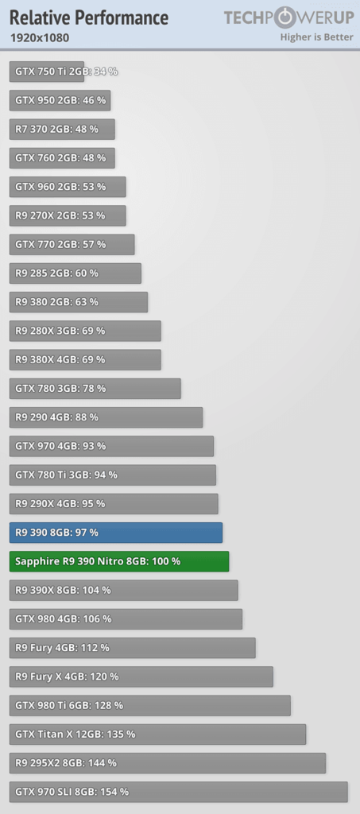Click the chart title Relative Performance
89,17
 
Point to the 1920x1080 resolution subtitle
39,37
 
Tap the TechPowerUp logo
288,18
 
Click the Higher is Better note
316,37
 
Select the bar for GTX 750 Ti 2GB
47,72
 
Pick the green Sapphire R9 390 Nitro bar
119,561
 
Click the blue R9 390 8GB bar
116,533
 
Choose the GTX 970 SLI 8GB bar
179,792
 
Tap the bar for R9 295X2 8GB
168,763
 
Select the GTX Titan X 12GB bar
157,734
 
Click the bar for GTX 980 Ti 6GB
150,706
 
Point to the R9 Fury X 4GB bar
141,676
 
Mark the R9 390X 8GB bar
123,591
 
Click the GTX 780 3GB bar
95,388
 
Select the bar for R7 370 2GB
62,130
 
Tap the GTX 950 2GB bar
60,100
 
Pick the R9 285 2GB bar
75,273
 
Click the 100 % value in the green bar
166,561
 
